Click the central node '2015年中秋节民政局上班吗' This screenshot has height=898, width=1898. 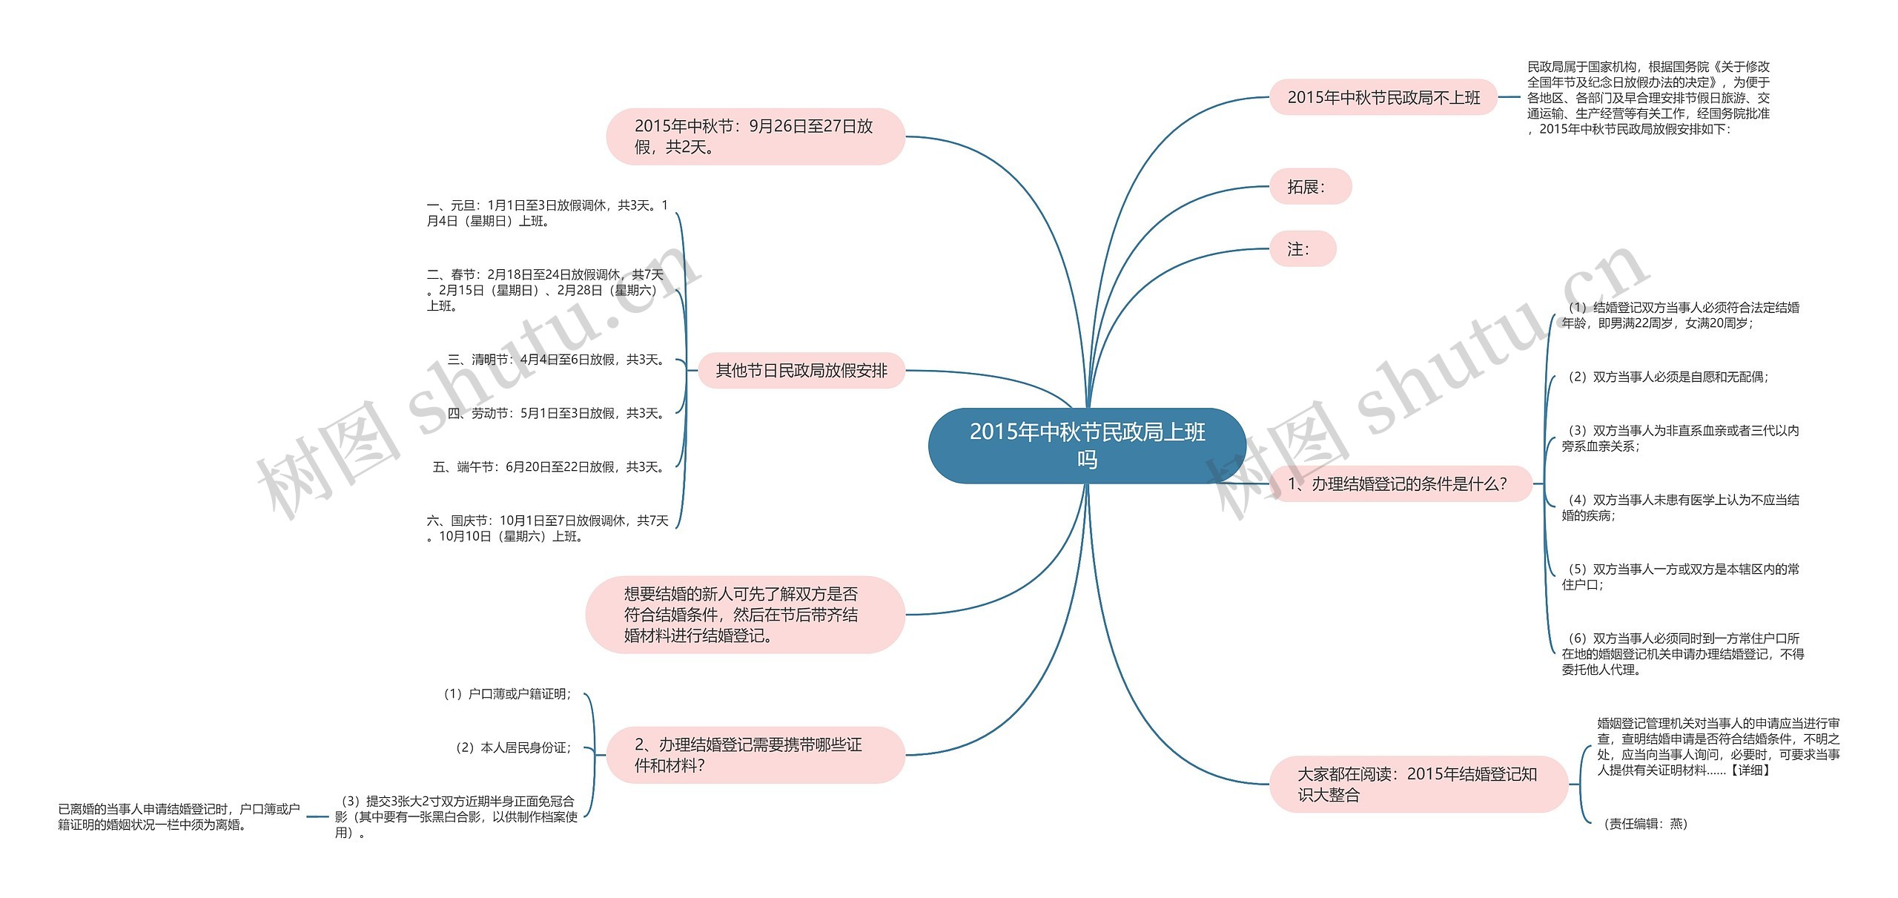click(x=1087, y=446)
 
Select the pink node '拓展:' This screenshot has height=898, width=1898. click(x=1309, y=187)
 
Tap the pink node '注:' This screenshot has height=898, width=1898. click(x=1302, y=249)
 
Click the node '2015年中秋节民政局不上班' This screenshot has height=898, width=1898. click(x=1383, y=97)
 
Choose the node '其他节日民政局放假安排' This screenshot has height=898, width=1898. click(x=801, y=371)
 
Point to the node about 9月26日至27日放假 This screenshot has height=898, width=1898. click(x=755, y=136)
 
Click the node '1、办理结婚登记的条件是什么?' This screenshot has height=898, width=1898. click(x=1399, y=484)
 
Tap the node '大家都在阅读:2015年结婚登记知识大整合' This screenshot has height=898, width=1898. click(x=1418, y=784)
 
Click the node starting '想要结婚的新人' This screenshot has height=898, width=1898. click(x=744, y=615)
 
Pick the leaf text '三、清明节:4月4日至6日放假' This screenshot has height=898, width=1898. click(x=557, y=360)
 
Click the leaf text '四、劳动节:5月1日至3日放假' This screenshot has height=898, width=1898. click(x=557, y=413)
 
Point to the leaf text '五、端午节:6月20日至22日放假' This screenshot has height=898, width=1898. click(x=549, y=467)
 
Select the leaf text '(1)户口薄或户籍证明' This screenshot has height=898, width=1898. click(x=507, y=694)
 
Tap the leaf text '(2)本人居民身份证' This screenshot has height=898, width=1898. click(x=513, y=747)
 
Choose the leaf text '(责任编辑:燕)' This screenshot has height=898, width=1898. click(x=1644, y=824)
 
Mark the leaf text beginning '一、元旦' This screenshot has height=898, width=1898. click(x=547, y=213)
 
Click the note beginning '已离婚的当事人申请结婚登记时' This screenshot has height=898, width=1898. click(x=179, y=816)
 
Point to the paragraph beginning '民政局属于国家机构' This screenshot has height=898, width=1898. click(x=1647, y=98)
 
